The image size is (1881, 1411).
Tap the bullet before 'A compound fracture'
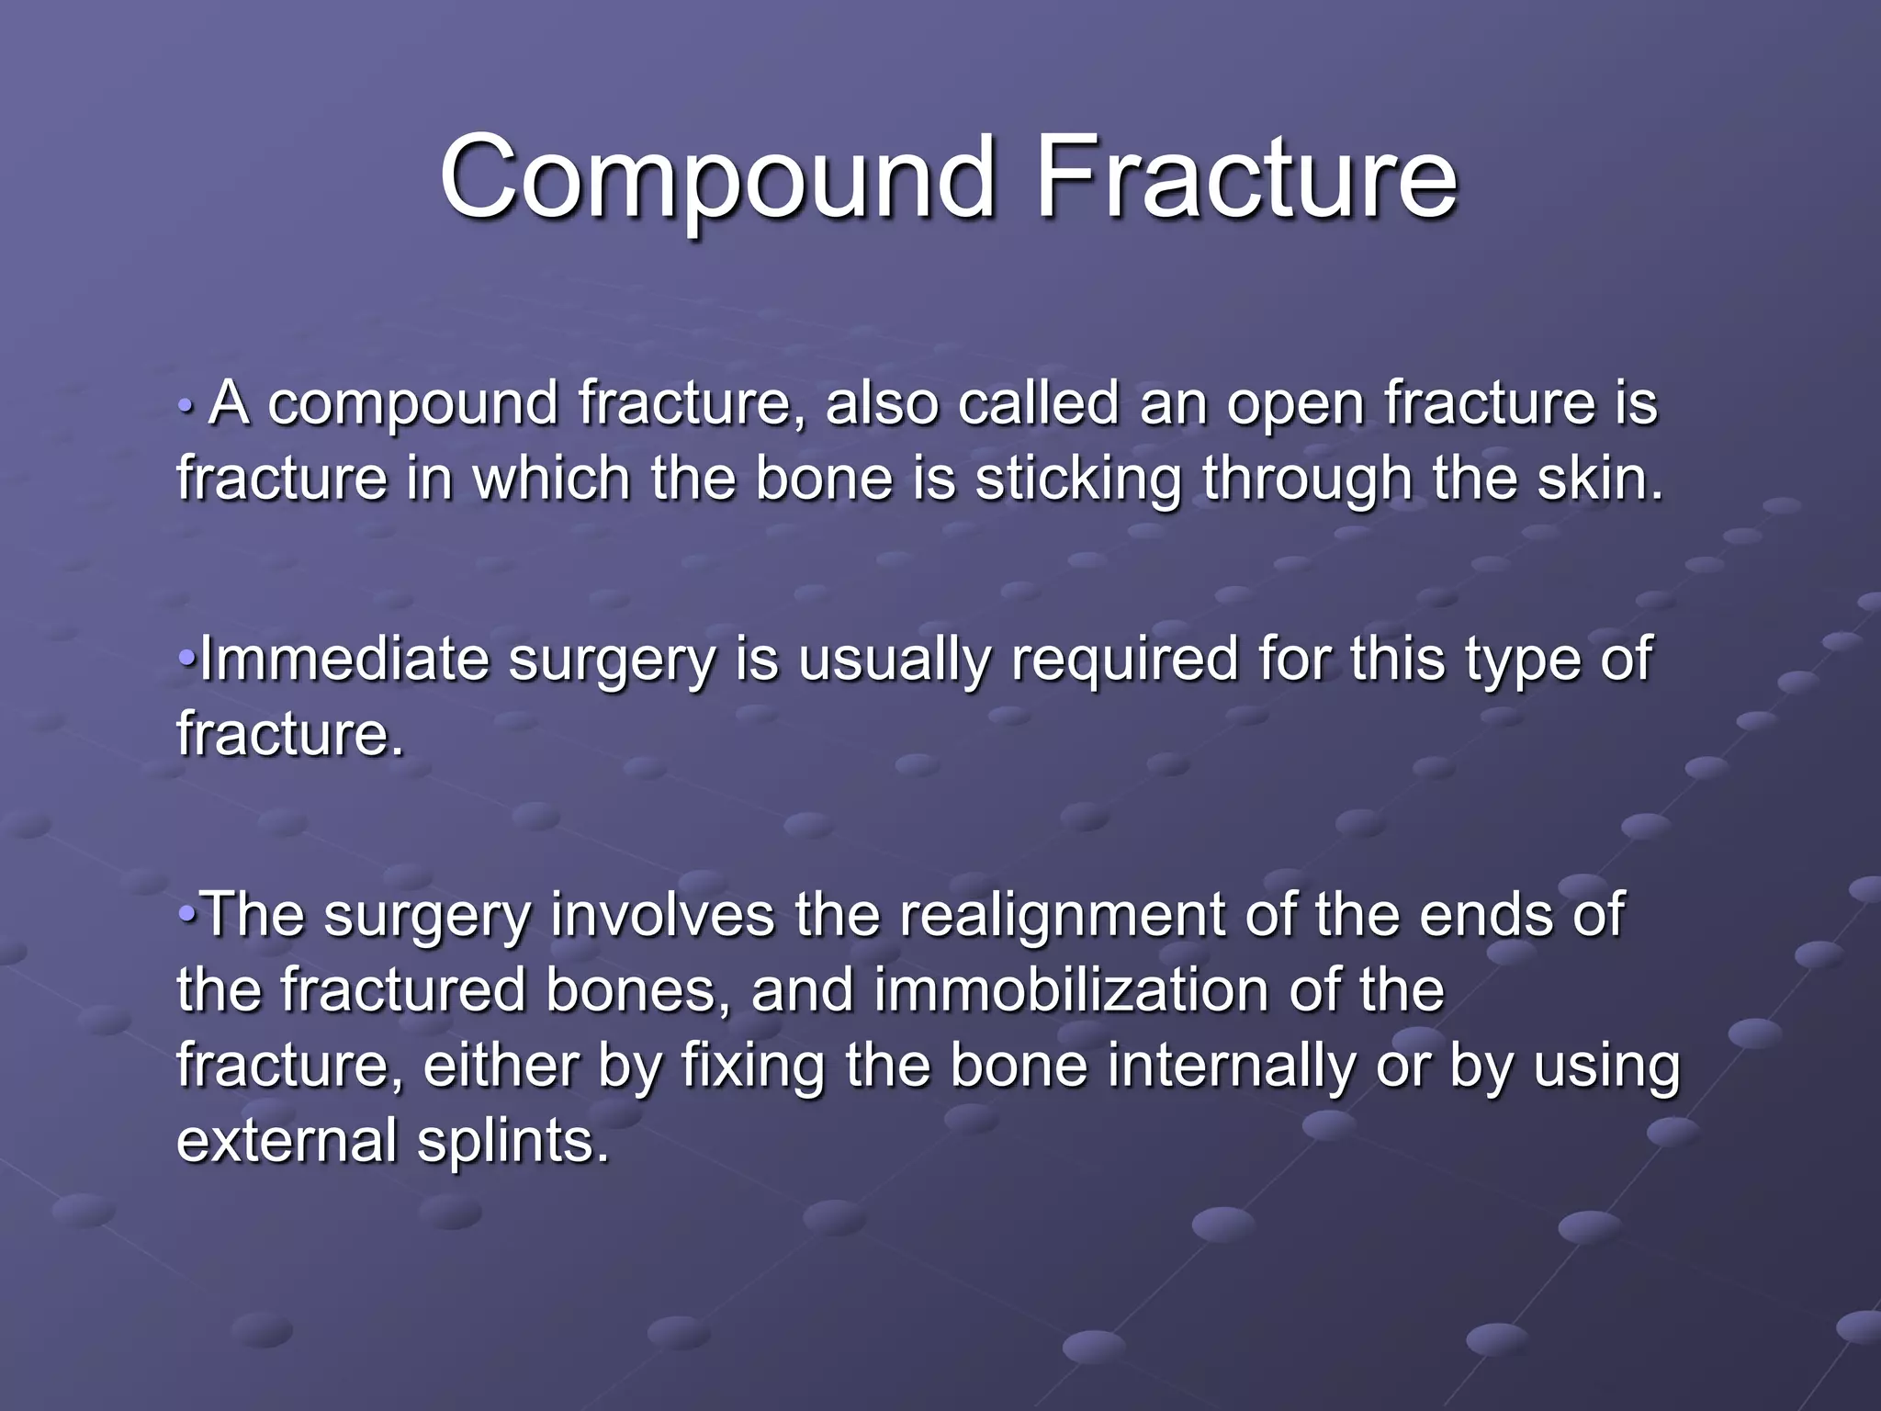(x=186, y=404)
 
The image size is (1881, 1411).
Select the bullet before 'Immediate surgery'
(x=186, y=659)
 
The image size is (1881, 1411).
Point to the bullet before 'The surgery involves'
(x=186, y=914)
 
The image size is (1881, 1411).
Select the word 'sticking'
(x=1077, y=480)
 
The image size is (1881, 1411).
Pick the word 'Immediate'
(x=344, y=660)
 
